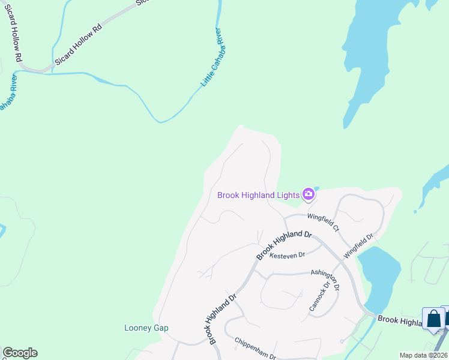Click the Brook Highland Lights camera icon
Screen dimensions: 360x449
click(x=309, y=193)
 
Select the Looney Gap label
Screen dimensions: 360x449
click(x=146, y=328)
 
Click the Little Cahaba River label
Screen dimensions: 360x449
click(x=214, y=56)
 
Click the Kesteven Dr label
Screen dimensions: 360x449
click(x=288, y=256)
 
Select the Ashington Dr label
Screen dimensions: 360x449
click(x=325, y=280)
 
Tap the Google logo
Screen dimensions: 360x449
click(x=20, y=353)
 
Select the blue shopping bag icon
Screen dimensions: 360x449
click(x=433, y=319)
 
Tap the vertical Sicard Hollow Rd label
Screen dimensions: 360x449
click(x=13, y=36)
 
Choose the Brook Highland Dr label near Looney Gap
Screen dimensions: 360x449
click(x=223, y=319)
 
